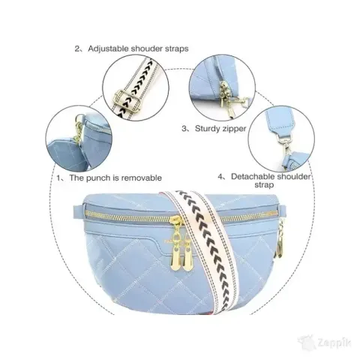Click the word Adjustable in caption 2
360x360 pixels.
coord(109,49)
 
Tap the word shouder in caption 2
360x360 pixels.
coord(147,48)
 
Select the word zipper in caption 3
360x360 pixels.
coord(233,129)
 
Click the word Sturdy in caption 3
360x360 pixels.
coord(207,129)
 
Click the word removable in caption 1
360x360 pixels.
coord(142,178)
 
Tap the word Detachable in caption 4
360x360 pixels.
coord(251,176)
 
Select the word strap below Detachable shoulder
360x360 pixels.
coord(264,185)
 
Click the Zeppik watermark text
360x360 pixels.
coord(334,343)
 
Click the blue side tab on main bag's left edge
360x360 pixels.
coord(79,212)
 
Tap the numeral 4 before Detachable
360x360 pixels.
coord(220,177)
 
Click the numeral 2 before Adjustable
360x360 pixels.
coord(77,49)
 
